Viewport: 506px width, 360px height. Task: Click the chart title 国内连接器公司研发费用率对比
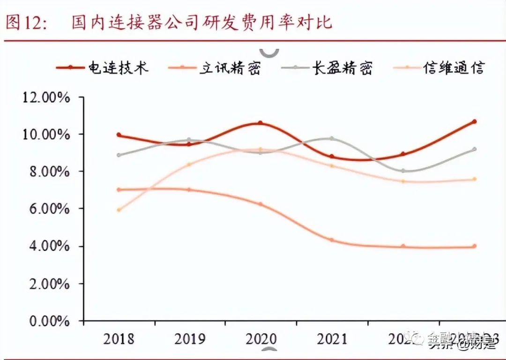click(202, 22)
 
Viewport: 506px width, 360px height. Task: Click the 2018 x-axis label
click(118, 338)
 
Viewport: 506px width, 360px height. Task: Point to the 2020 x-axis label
click(260, 338)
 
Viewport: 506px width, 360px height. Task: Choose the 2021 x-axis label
click(332, 338)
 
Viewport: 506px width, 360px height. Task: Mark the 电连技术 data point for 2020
click(260, 123)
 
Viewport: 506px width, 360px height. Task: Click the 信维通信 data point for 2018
click(119, 210)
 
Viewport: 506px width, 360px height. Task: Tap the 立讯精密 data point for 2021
click(332, 240)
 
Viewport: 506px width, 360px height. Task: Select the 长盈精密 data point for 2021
click(332, 139)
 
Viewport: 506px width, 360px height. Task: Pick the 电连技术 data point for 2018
click(119, 135)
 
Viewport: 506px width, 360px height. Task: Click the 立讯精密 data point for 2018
click(119, 190)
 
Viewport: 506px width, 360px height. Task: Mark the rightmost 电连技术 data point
click(474, 121)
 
